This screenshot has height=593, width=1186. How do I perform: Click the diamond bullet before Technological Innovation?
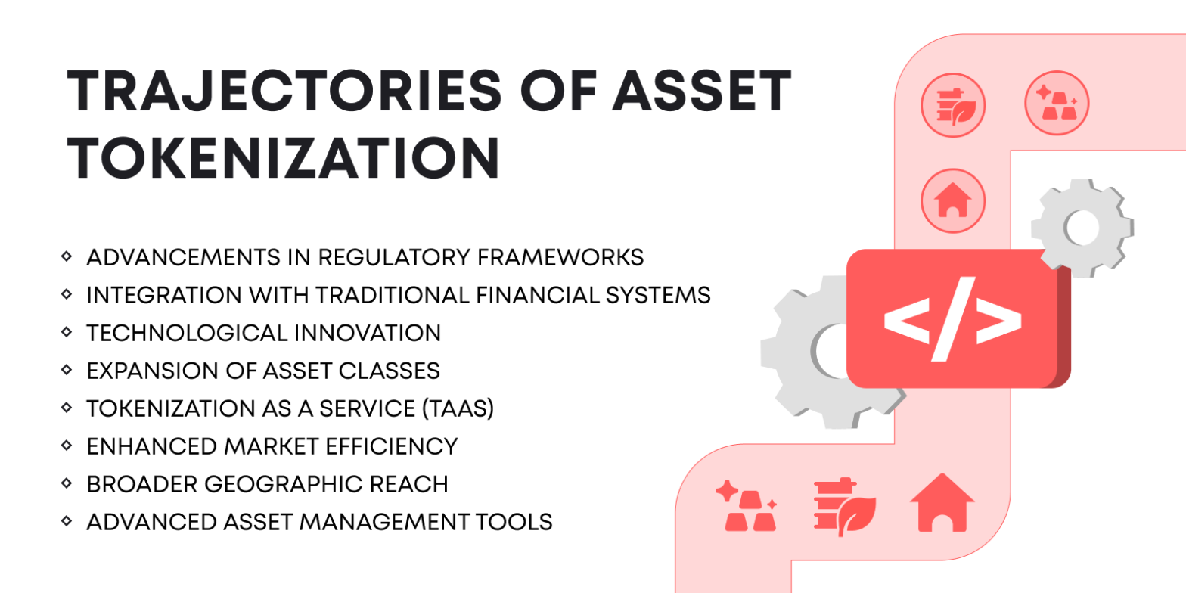click(x=67, y=333)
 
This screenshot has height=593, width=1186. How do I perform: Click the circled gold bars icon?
click(x=1056, y=104)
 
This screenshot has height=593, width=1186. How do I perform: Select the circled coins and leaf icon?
click(x=952, y=104)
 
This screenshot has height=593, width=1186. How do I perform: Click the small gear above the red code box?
click(x=1082, y=226)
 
